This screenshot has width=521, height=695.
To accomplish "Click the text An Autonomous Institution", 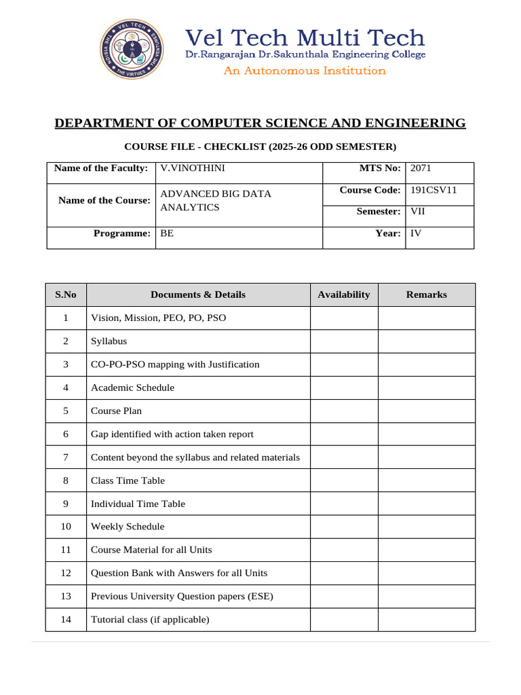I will [x=305, y=71].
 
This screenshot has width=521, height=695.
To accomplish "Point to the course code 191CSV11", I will [x=433, y=190].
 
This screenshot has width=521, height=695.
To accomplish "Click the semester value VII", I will [x=418, y=212].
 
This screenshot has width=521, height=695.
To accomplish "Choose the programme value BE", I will [x=167, y=233].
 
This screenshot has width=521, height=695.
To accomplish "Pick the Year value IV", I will [x=416, y=233].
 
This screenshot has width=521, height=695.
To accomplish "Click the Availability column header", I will [x=344, y=295].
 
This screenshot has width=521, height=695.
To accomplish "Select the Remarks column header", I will [x=426, y=295].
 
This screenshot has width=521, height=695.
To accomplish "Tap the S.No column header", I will [x=66, y=295].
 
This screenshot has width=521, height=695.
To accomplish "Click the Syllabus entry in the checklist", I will [x=109, y=341].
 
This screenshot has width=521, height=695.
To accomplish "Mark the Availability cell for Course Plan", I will [x=344, y=411].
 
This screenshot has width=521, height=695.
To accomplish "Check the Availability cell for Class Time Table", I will [x=344, y=481].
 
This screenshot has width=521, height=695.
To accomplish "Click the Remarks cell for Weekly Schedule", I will [x=426, y=527].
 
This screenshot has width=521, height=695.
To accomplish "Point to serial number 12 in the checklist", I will [x=66, y=573].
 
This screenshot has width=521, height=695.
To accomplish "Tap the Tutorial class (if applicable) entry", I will [x=150, y=619].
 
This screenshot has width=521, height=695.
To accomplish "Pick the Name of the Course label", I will [x=104, y=201].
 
